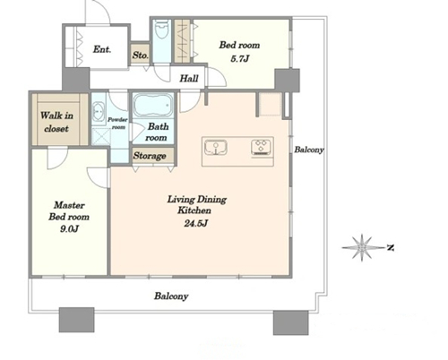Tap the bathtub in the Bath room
pyautogui.click(x=153, y=106)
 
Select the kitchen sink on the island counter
pyautogui.click(x=216, y=148)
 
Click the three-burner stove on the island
pyautogui.click(x=262, y=147)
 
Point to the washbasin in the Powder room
pyautogui.click(x=99, y=112)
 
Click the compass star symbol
pyautogui.click(x=362, y=247)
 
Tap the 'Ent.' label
pyautogui.click(x=102, y=49)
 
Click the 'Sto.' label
pyautogui.click(x=141, y=56)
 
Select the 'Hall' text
pyautogui.click(x=189, y=79)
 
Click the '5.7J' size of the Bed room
pyautogui.click(x=239, y=58)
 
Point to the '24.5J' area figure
pyautogui.click(x=195, y=223)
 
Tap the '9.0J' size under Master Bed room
pyautogui.click(x=69, y=229)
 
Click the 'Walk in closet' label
pyautogui.click(x=56, y=122)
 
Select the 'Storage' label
pyautogui.click(x=150, y=156)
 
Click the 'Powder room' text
pyautogui.click(x=117, y=123)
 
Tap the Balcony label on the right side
pyautogui.click(x=309, y=150)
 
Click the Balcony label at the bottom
pyautogui.click(x=171, y=296)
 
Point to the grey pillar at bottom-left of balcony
pyautogui.click(x=77, y=320)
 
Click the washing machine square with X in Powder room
pyautogui.click(x=100, y=137)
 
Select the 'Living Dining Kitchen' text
pyautogui.click(x=196, y=205)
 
